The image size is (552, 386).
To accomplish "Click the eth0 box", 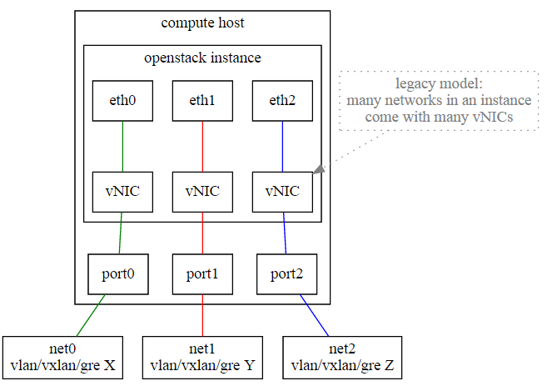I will pos(122,101).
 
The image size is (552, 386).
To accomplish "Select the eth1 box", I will pos(202,101).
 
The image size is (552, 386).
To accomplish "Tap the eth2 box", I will pos(282,101).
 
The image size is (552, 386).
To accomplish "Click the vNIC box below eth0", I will pos(122,192).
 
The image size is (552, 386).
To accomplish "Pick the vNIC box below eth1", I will pos(202,192).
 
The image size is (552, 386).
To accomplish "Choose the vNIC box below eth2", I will pos(282,192).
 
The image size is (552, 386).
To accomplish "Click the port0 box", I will pos(118,273).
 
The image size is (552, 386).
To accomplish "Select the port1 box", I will pos(202,273).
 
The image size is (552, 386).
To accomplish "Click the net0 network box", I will pos(62,357).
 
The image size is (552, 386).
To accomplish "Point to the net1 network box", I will pos(202,357).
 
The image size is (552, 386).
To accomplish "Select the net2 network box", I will pos(343,357).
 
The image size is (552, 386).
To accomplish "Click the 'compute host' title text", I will pos(202,23).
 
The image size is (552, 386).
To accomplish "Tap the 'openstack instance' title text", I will pos(202,58).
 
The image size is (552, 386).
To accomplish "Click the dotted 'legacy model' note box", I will pos(439,101).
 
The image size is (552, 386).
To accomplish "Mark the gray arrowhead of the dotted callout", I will pos(319,169).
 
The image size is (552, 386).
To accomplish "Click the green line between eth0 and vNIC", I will pos(122,146).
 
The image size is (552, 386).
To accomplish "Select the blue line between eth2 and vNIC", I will pos(282,146).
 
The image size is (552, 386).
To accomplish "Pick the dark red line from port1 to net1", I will pos(202,315).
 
